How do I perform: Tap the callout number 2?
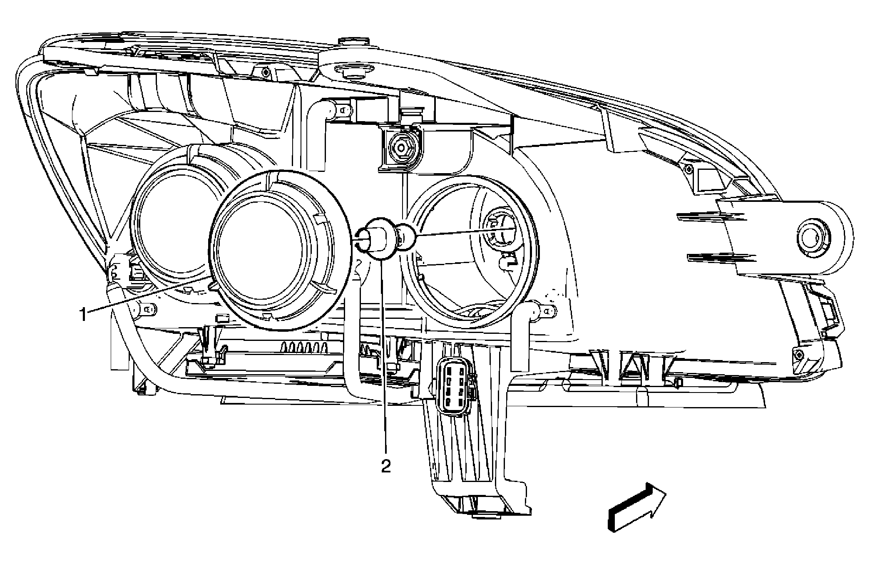(x=386, y=465)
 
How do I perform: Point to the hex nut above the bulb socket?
(x=400, y=147)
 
